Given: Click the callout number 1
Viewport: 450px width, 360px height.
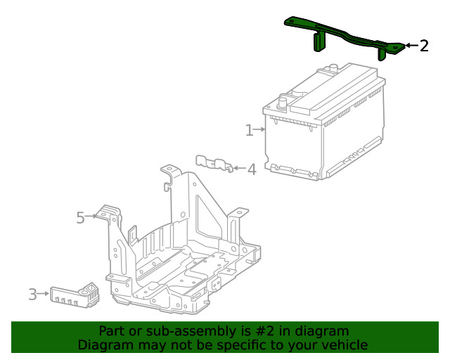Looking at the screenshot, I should click(x=249, y=130).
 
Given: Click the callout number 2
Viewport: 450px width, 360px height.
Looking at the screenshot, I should click(x=423, y=46).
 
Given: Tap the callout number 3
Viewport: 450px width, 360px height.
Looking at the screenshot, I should click(x=32, y=295).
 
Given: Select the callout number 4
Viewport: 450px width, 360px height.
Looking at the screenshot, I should click(x=251, y=169).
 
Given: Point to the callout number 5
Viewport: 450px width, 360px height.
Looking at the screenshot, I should click(x=80, y=218).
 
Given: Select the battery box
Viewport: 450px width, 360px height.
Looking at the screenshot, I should click(x=325, y=127).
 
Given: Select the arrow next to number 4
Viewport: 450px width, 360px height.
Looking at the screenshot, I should click(x=238, y=169).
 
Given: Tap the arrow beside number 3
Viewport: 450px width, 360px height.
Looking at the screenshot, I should click(x=44, y=293).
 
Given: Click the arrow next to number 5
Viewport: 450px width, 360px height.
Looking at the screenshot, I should click(x=92, y=217).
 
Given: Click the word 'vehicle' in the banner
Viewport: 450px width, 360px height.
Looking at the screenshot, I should click(x=344, y=345).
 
